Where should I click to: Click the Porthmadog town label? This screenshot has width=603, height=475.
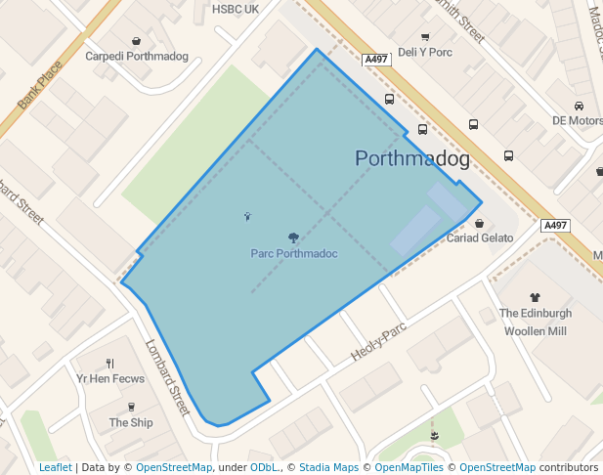click(x=412, y=158)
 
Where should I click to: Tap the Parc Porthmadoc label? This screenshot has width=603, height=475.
click(x=293, y=254)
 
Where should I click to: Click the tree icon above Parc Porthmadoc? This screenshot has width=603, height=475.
click(x=293, y=237)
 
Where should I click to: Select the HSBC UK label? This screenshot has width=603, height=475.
click(x=236, y=9)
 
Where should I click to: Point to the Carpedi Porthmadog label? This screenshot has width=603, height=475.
click(x=137, y=56)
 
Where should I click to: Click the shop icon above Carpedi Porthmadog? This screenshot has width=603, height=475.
click(x=136, y=40)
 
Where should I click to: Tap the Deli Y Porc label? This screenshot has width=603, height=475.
click(x=425, y=52)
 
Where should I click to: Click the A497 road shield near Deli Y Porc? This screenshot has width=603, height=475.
click(x=375, y=60)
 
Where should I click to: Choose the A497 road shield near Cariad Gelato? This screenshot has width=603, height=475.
click(x=555, y=226)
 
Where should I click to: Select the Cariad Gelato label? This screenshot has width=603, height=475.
click(x=480, y=238)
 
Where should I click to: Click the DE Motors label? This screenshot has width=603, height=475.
click(x=577, y=121)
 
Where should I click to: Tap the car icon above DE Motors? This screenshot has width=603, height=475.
click(x=580, y=106)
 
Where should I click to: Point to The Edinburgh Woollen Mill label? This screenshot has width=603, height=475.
click(x=536, y=322)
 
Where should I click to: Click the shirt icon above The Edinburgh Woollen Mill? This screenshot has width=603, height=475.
click(x=535, y=297)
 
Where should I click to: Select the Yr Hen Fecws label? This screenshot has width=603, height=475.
click(x=109, y=379)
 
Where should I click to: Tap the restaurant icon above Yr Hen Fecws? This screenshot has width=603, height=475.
click(x=109, y=364)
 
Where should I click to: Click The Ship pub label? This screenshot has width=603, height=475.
click(x=131, y=422)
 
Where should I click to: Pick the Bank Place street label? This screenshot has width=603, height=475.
click(x=40, y=85)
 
